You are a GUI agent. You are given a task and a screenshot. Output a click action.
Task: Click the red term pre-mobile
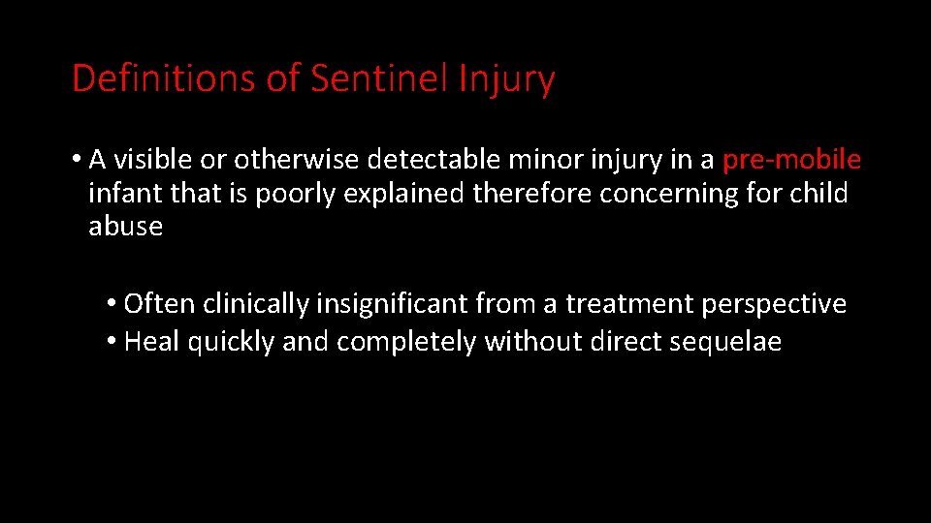[x=792, y=159]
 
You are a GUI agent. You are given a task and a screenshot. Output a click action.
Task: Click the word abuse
[x=125, y=227]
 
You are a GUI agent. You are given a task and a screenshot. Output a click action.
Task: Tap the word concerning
[x=669, y=194]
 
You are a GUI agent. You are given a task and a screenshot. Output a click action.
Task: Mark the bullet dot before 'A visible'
[x=77, y=159]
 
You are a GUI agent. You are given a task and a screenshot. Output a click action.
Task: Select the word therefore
[x=532, y=193]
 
